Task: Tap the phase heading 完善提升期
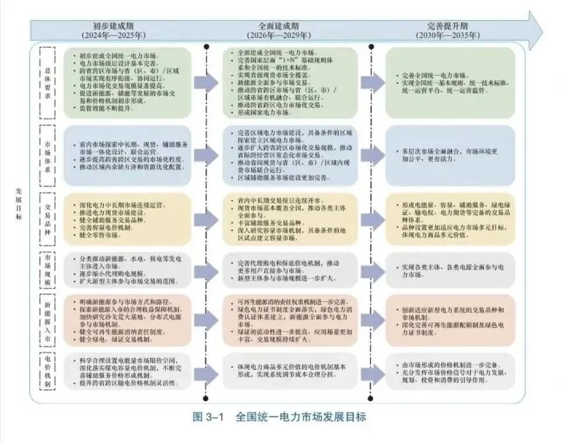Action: pyautogui.click(x=447, y=26)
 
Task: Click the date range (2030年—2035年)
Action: pyautogui.click(x=447, y=36)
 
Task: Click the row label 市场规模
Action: pyautogui.click(x=48, y=269)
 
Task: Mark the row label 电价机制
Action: pyautogui.click(x=48, y=371)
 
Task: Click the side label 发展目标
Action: pyautogui.click(x=19, y=203)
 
